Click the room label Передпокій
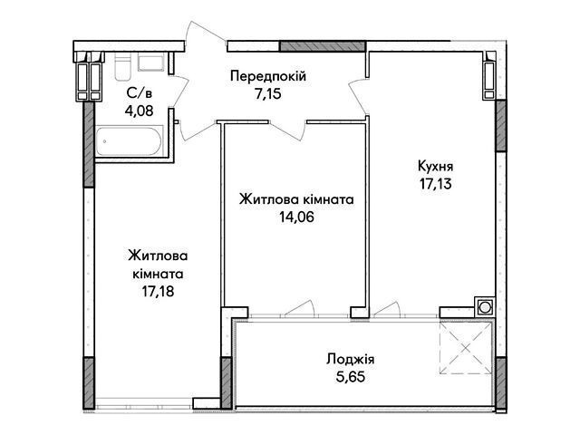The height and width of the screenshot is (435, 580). [x=268, y=76]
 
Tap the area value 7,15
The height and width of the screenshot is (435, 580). [x=267, y=94]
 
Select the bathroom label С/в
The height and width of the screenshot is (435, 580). [x=139, y=93]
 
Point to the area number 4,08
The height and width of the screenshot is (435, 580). [x=139, y=111]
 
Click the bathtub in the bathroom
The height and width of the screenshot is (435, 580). [x=129, y=141]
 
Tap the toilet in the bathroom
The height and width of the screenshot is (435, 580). [x=123, y=66]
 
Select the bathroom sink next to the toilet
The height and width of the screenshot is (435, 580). [x=151, y=62]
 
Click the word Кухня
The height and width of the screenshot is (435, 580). [x=435, y=167]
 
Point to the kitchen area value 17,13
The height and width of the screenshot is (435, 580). [x=435, y=183]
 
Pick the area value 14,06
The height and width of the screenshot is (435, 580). [x=296, y=217]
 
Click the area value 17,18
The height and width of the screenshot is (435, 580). [x=158, y=292]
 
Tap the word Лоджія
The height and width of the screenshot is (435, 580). [x=351, y=359]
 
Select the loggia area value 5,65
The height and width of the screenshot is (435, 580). [x=351, y=377]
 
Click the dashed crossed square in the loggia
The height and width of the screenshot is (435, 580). [x=466, y=347]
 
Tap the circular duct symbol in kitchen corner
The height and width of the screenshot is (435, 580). [x=484, y=306]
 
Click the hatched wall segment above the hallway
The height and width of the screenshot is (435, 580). [x=323, y=46]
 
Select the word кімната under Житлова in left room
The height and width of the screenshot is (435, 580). [x=158, y=274]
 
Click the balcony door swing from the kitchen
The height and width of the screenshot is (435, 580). [x=387, y=308]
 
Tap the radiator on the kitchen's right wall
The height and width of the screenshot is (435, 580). [x=489, y=76]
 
